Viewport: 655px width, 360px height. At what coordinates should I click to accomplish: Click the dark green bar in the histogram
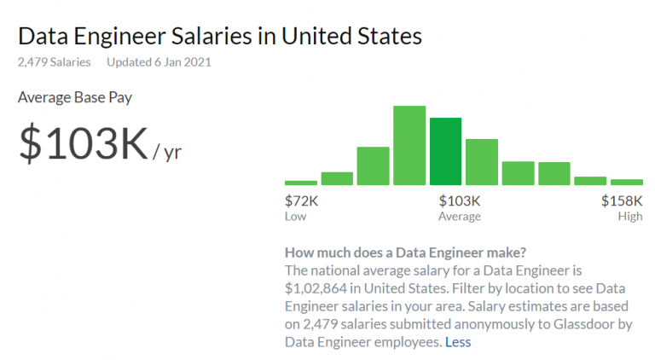pyautogui.click(x=445, y=151)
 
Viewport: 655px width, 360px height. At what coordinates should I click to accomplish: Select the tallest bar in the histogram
pyautogui.click(x=409, y=145)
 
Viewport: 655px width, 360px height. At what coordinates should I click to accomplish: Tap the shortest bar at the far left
pyautogui.click(x=300, y=183)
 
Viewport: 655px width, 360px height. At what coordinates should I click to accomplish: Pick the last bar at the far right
pyautogui.click(x=626, y=182)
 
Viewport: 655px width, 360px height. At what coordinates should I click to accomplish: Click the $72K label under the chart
pyautogui.click(x=301, y=201)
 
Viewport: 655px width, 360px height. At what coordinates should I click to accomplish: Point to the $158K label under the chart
pyautogui.click(x=622, y=201)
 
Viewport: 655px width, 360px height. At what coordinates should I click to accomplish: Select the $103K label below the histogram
pyautogui.click(x=459, y=201)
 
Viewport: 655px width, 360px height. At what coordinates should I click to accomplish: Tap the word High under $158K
pyautogui.click(x=630, y=217)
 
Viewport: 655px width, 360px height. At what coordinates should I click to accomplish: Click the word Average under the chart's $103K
pyautogui.click(x=459, y=217)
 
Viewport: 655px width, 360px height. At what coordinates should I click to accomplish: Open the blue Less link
pyautogui.click(x=458, y=342)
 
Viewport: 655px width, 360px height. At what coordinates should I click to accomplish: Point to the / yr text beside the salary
pyautogui.click(x=167, y=153)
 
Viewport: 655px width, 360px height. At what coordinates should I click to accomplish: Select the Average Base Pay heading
pyautogui.click(x=75, y=96)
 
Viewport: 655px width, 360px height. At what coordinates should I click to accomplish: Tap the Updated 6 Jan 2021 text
pyautogui.click(x=159, y=62)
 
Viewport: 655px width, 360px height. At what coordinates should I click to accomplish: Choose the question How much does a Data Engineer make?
pyautogui.click(x=405, y=253)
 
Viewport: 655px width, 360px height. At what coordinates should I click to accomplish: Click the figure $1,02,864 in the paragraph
pyautogui.click(x=314, y=288)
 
